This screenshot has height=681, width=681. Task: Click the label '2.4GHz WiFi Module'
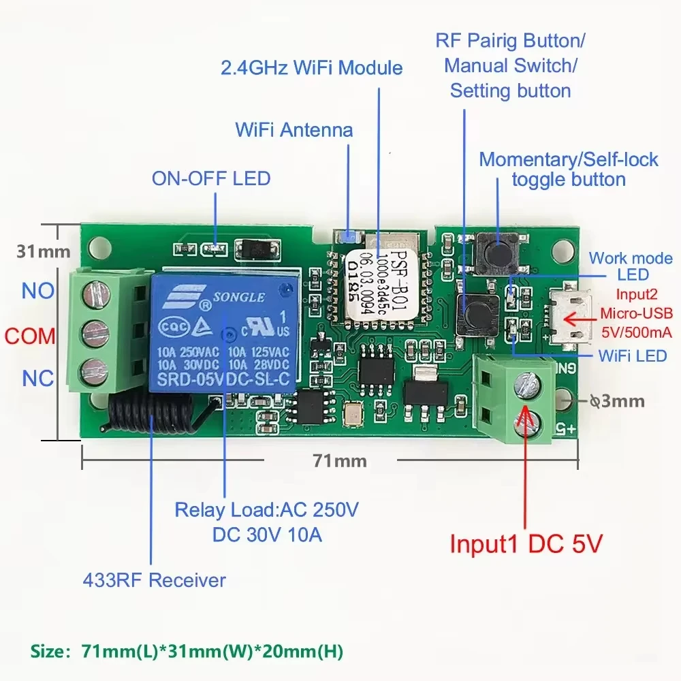(311, 68)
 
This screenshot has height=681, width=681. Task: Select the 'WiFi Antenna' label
(294, 129)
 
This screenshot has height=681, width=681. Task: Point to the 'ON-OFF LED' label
(211, 178)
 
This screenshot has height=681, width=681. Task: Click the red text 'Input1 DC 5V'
(526, 544)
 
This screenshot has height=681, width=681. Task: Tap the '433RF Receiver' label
(154, 580)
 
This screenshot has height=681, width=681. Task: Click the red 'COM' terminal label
(30, 336)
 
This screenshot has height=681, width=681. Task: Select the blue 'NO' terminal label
(38, 291)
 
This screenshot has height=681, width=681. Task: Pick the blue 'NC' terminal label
(38, 379)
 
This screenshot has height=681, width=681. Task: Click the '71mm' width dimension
(340, 461)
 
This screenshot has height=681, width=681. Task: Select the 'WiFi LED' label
(633, 355)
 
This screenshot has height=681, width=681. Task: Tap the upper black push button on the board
(496, 249)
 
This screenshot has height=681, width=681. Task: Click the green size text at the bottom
(187, 651)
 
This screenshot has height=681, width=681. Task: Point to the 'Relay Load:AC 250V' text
(266, 509)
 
